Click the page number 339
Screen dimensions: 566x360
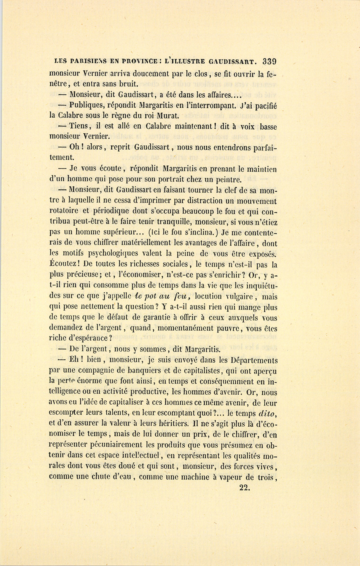[270, 62]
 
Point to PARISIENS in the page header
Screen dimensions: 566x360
[90, 62]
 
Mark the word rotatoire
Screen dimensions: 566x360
[65, 212]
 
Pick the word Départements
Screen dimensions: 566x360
[251, 360]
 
